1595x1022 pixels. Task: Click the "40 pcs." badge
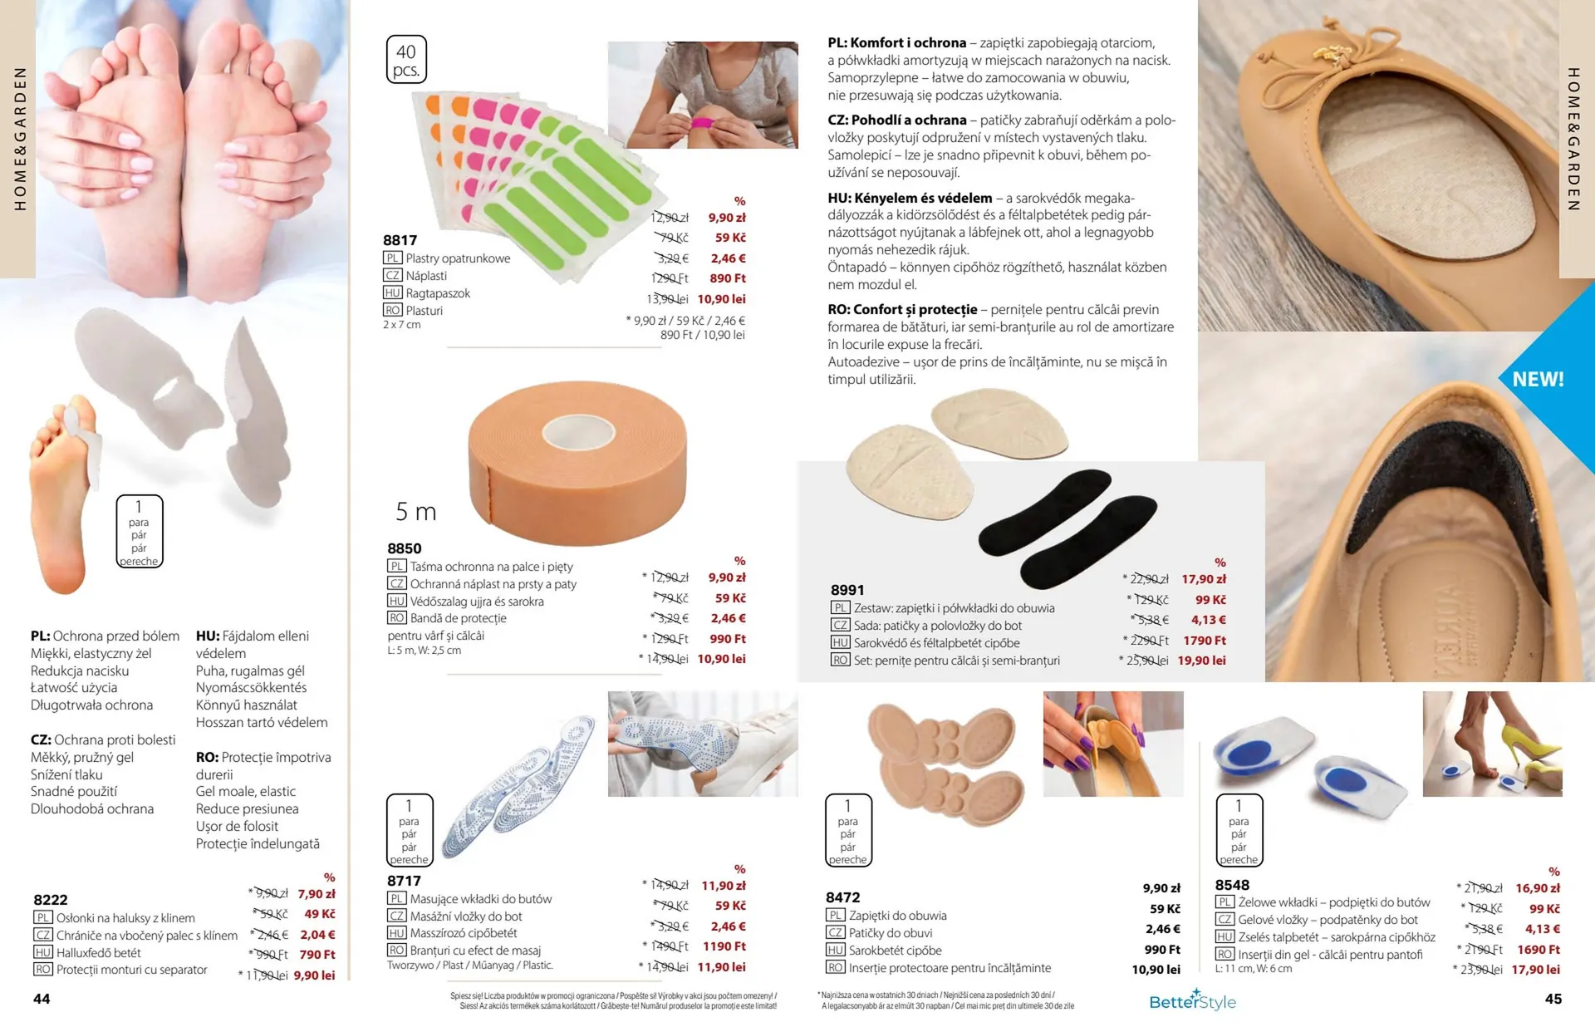[x=406, y=59]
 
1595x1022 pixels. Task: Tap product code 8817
[x=400, y=240]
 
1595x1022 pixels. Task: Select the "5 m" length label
[x=416, y=512]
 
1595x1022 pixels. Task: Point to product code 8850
[x=405, y=548]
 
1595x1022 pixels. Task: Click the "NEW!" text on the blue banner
[x=1538, y=379]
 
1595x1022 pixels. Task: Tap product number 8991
[x=847, y=590]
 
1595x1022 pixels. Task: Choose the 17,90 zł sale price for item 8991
[x=1204, y=579]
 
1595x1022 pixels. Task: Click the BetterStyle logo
[x=1192, y=1000]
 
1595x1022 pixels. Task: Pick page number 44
[x=42, y=999]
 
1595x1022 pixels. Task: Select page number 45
[x=1553, y=999]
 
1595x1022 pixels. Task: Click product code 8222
[x=51, y=900]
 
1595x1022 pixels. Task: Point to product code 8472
[x=843, y=897]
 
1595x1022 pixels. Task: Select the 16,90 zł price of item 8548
[x=1538, y=888]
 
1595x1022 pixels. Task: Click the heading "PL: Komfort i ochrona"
[x=897, y=43]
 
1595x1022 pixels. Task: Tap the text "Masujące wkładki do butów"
[x=481, y=899]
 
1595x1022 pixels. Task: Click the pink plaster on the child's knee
[x=703, y=125]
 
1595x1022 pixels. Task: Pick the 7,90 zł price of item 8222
[x=317, y=894]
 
